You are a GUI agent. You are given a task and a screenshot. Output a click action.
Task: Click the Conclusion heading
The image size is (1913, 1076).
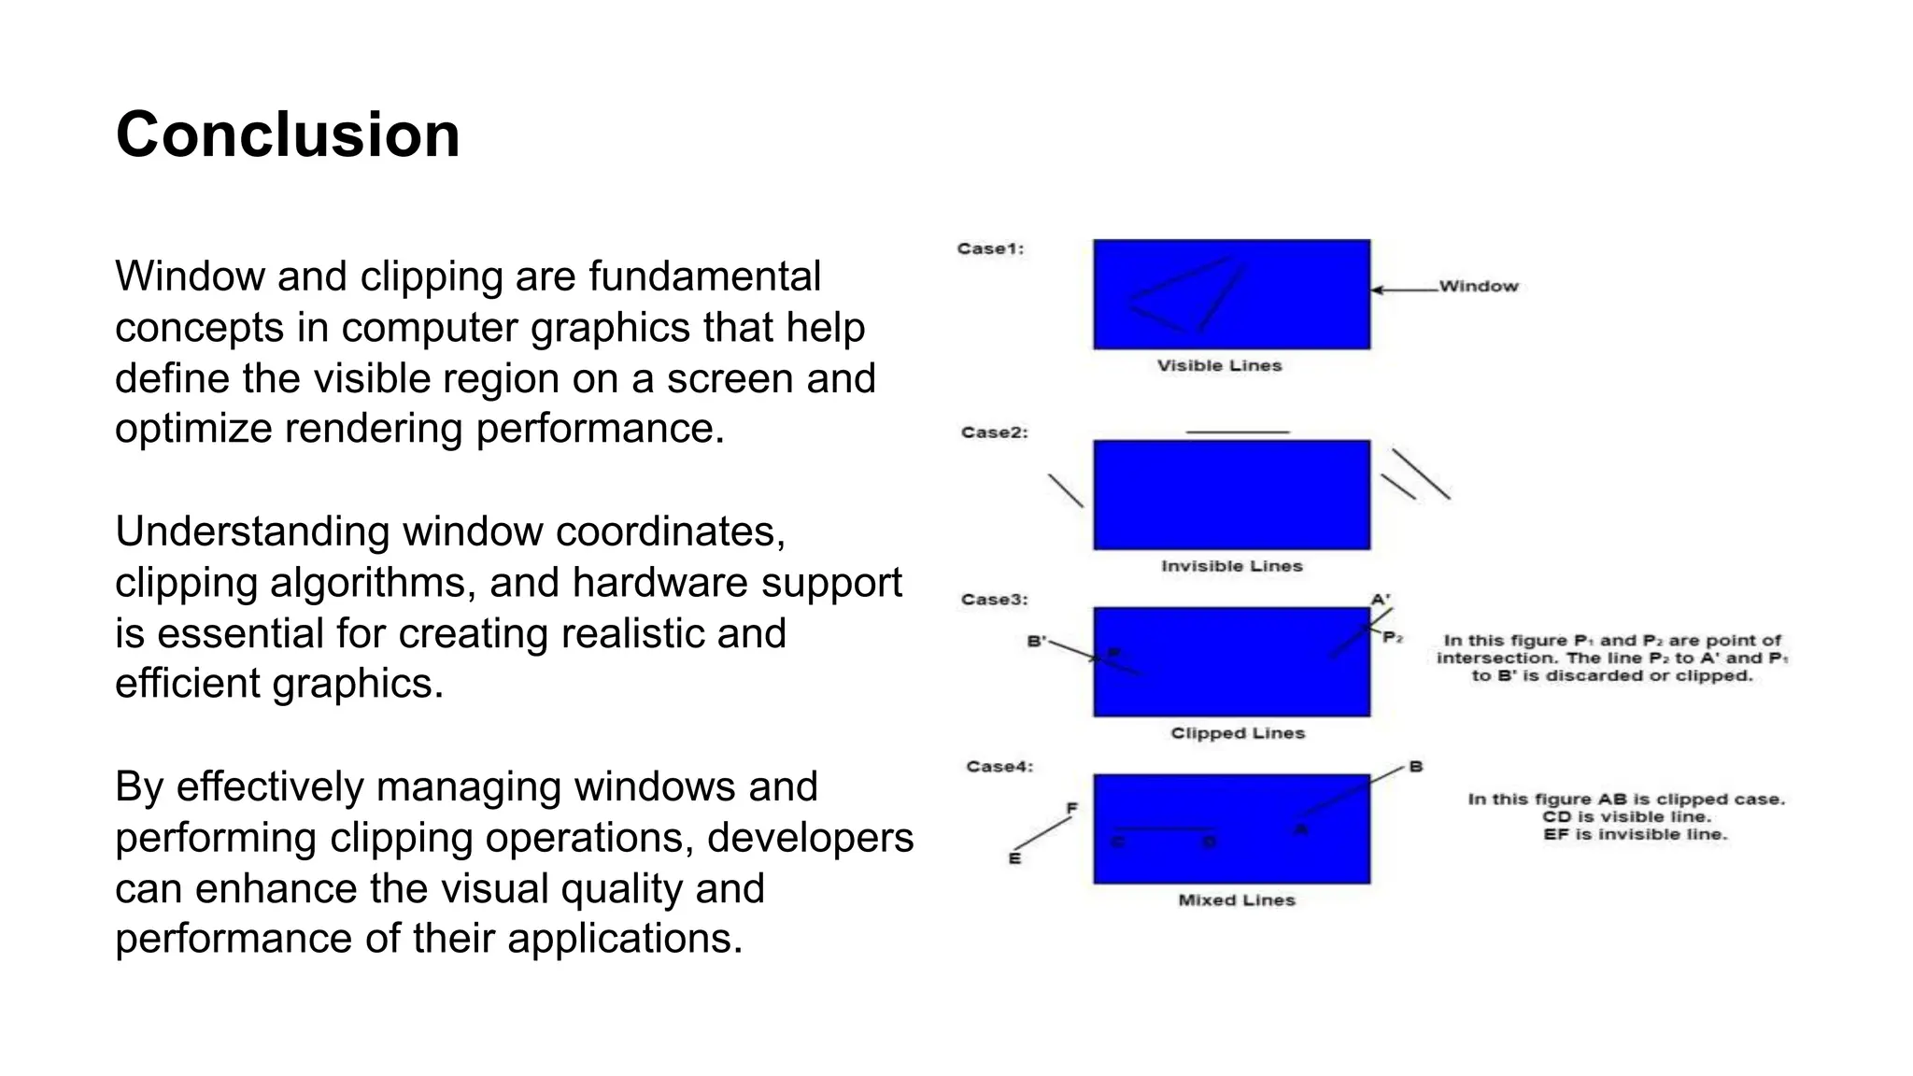pyautogui.click(x=288, y=134)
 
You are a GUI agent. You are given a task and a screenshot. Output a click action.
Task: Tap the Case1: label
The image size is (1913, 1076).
pyautogui.click(x=990, y=248)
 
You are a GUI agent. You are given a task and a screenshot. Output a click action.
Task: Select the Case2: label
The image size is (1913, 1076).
pyautogui.click(x=994, y=432)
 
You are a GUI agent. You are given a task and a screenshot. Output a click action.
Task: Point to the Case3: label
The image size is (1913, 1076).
pyautogui.click(x=994, y=600)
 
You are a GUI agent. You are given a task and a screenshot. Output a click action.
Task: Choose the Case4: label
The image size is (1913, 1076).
pyautogui.click(x=999, y=767)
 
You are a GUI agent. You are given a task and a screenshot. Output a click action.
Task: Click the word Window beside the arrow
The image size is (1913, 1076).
pyautogui.click(x=1478, y=287)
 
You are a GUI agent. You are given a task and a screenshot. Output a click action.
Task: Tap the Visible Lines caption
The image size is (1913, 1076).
pyautogui.click(x=1219, y=366)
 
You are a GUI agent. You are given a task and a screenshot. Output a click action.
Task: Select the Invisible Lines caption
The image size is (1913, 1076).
pyautogui.click(x=1231, y=566)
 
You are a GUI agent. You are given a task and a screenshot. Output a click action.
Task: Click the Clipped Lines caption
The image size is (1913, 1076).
pyautogui.click(x=1237, y=733)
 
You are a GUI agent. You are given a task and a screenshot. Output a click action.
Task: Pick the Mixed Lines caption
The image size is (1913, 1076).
pyautogui.click(x=1236, y=900)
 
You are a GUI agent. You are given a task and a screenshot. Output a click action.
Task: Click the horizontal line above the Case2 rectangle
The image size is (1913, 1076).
pyautogui.click(x=1237, y=432)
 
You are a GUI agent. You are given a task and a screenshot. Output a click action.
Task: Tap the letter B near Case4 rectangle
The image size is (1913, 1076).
pyautogui.click(x=1415, y=767)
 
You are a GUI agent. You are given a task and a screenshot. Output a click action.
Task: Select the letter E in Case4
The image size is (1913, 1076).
pyautogui.click(x=1014, y=858)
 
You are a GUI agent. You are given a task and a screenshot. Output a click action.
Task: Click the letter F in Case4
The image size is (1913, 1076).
pyautogui.click(x=1071, y=808)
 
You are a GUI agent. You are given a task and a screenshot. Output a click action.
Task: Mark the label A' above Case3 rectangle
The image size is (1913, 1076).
pyautogui.click(x=1380, y=600)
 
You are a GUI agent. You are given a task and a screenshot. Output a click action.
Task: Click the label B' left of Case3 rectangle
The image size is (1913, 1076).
pyautogui.click(x=1036, y=642)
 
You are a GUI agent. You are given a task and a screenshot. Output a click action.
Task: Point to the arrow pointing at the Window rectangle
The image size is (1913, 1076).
pyautogui.click(x=1403, y=290)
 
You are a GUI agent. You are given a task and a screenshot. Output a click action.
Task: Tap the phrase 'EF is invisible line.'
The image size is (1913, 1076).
pyautogui.click(x=1635, y=834)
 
